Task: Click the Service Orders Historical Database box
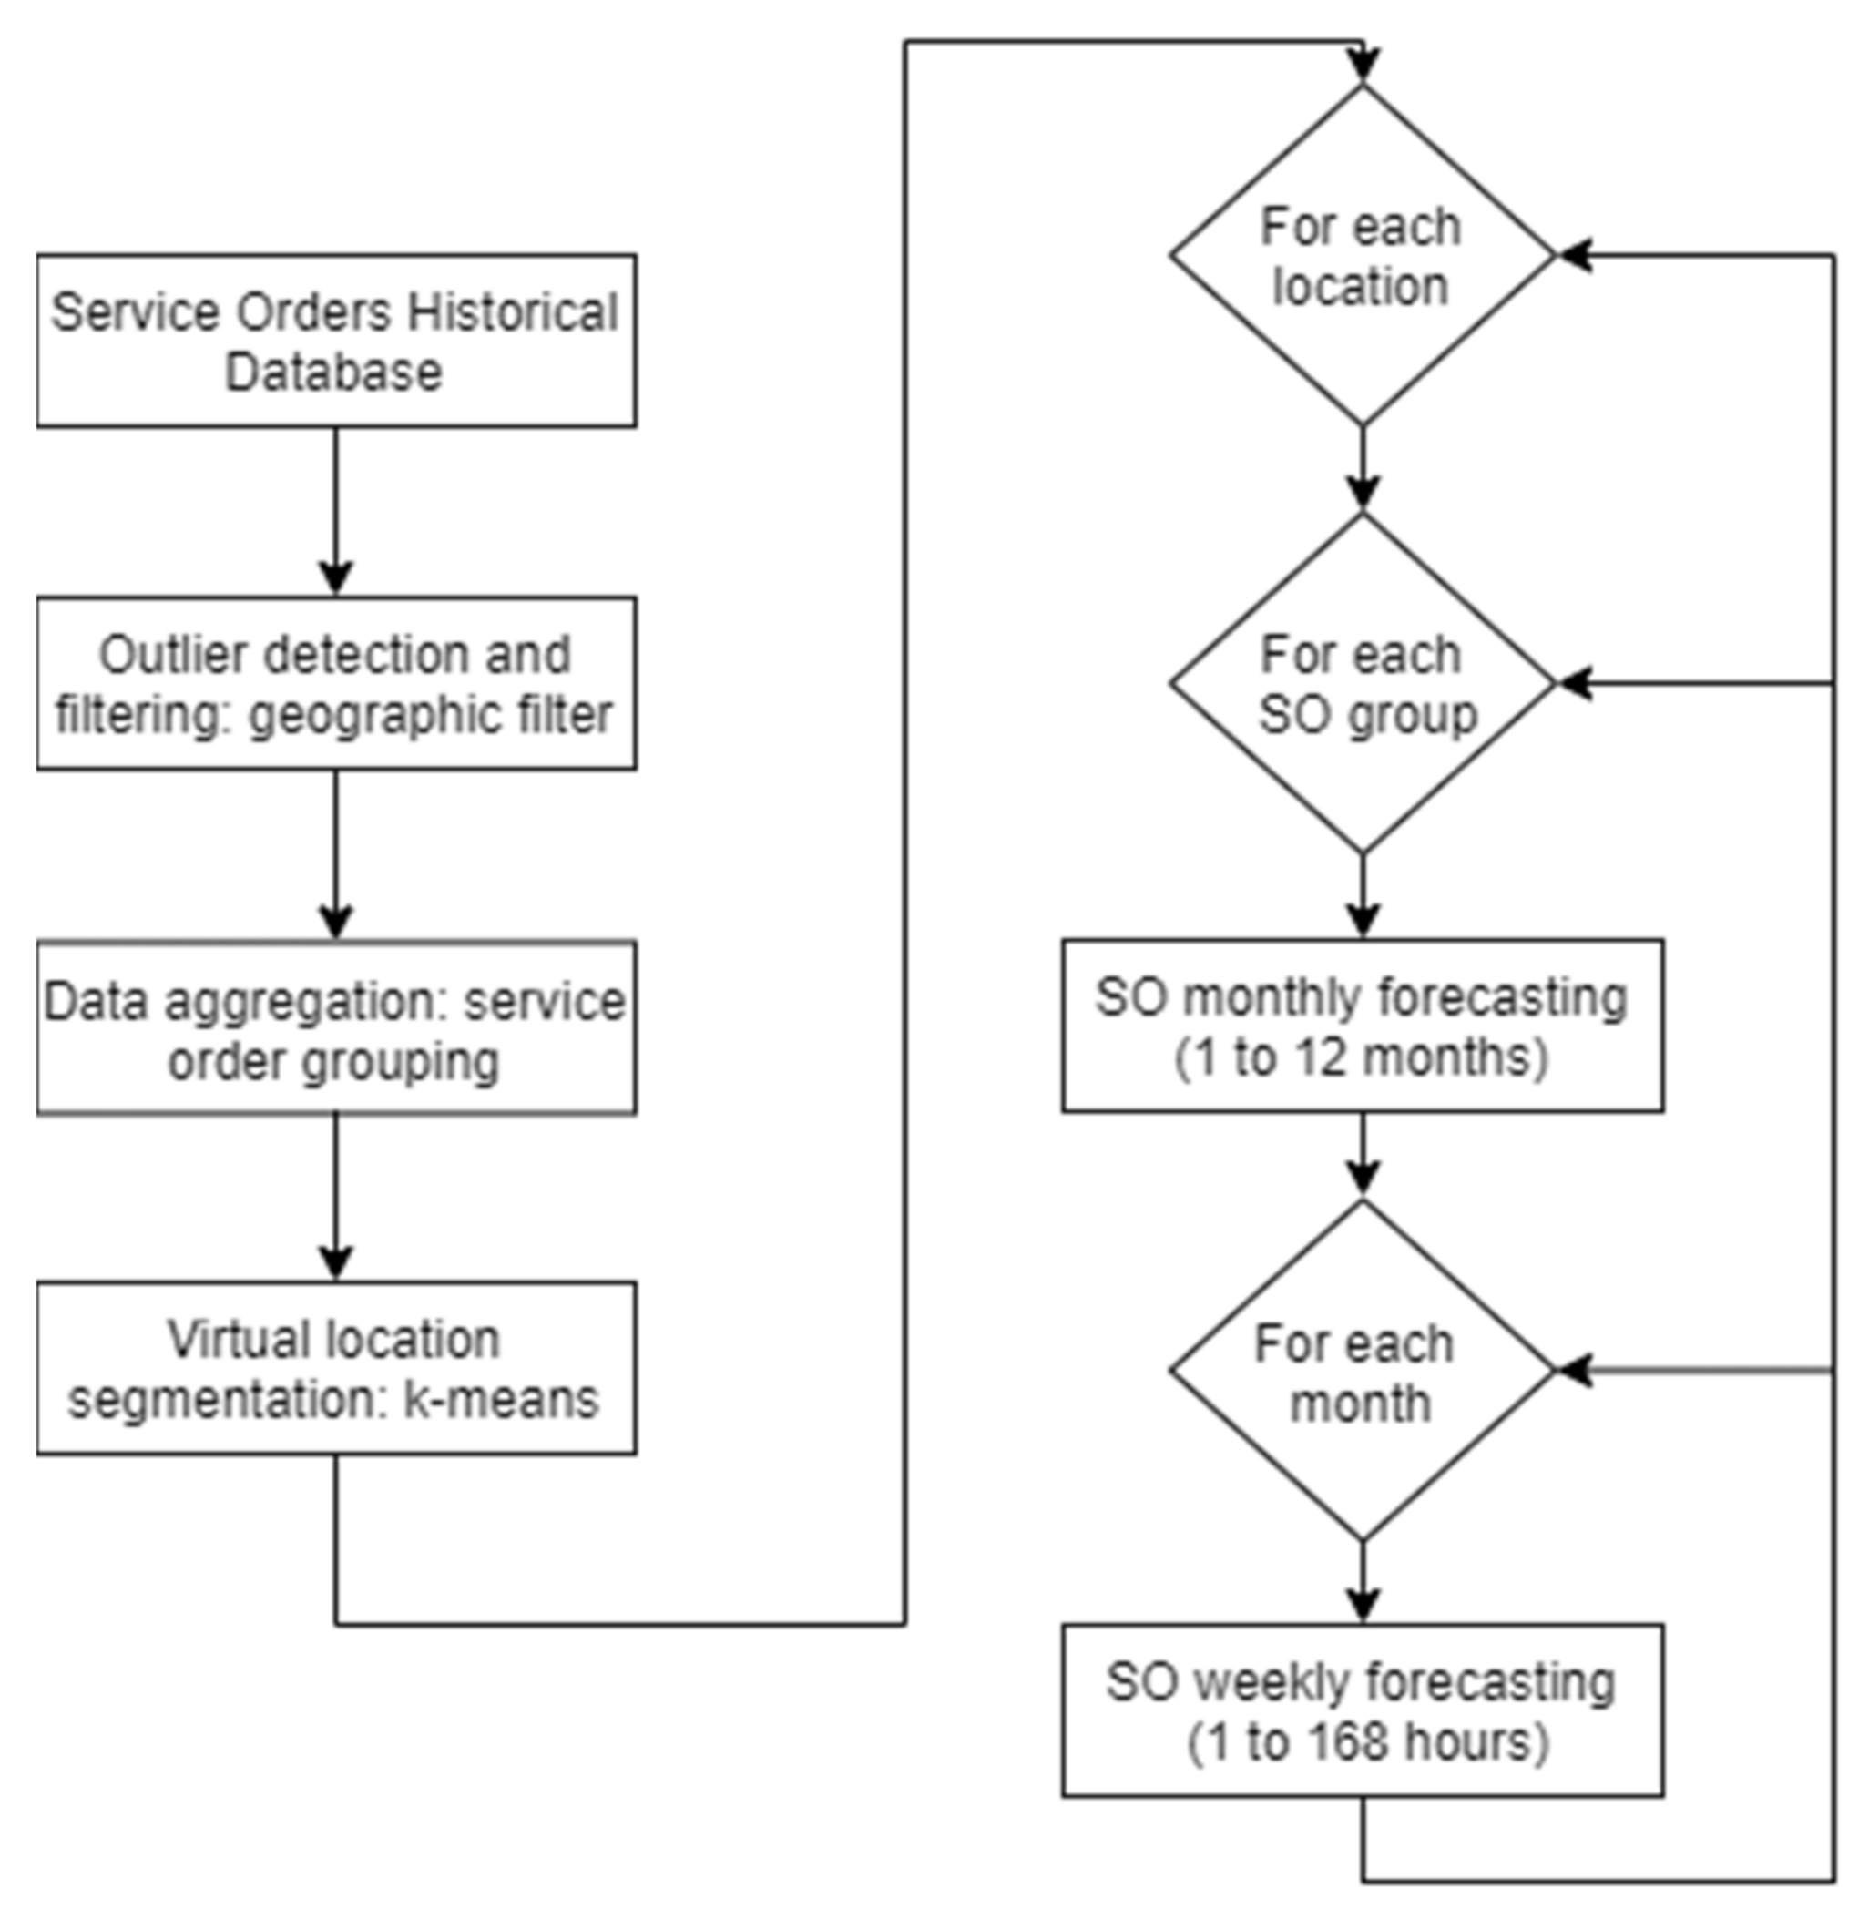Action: [336, 341]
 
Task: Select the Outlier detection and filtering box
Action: [336, 683]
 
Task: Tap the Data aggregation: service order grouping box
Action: [336, 1027]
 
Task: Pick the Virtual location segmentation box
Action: [336, 1368]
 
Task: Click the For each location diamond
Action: [1362, 255]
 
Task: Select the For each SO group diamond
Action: [1362, 684]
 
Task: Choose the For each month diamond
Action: [1362, 1371]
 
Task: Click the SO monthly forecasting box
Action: [1362, 1026]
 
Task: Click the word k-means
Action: [501, 1400]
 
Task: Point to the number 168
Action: [1352, 1743]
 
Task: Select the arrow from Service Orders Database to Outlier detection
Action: [336, 510]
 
